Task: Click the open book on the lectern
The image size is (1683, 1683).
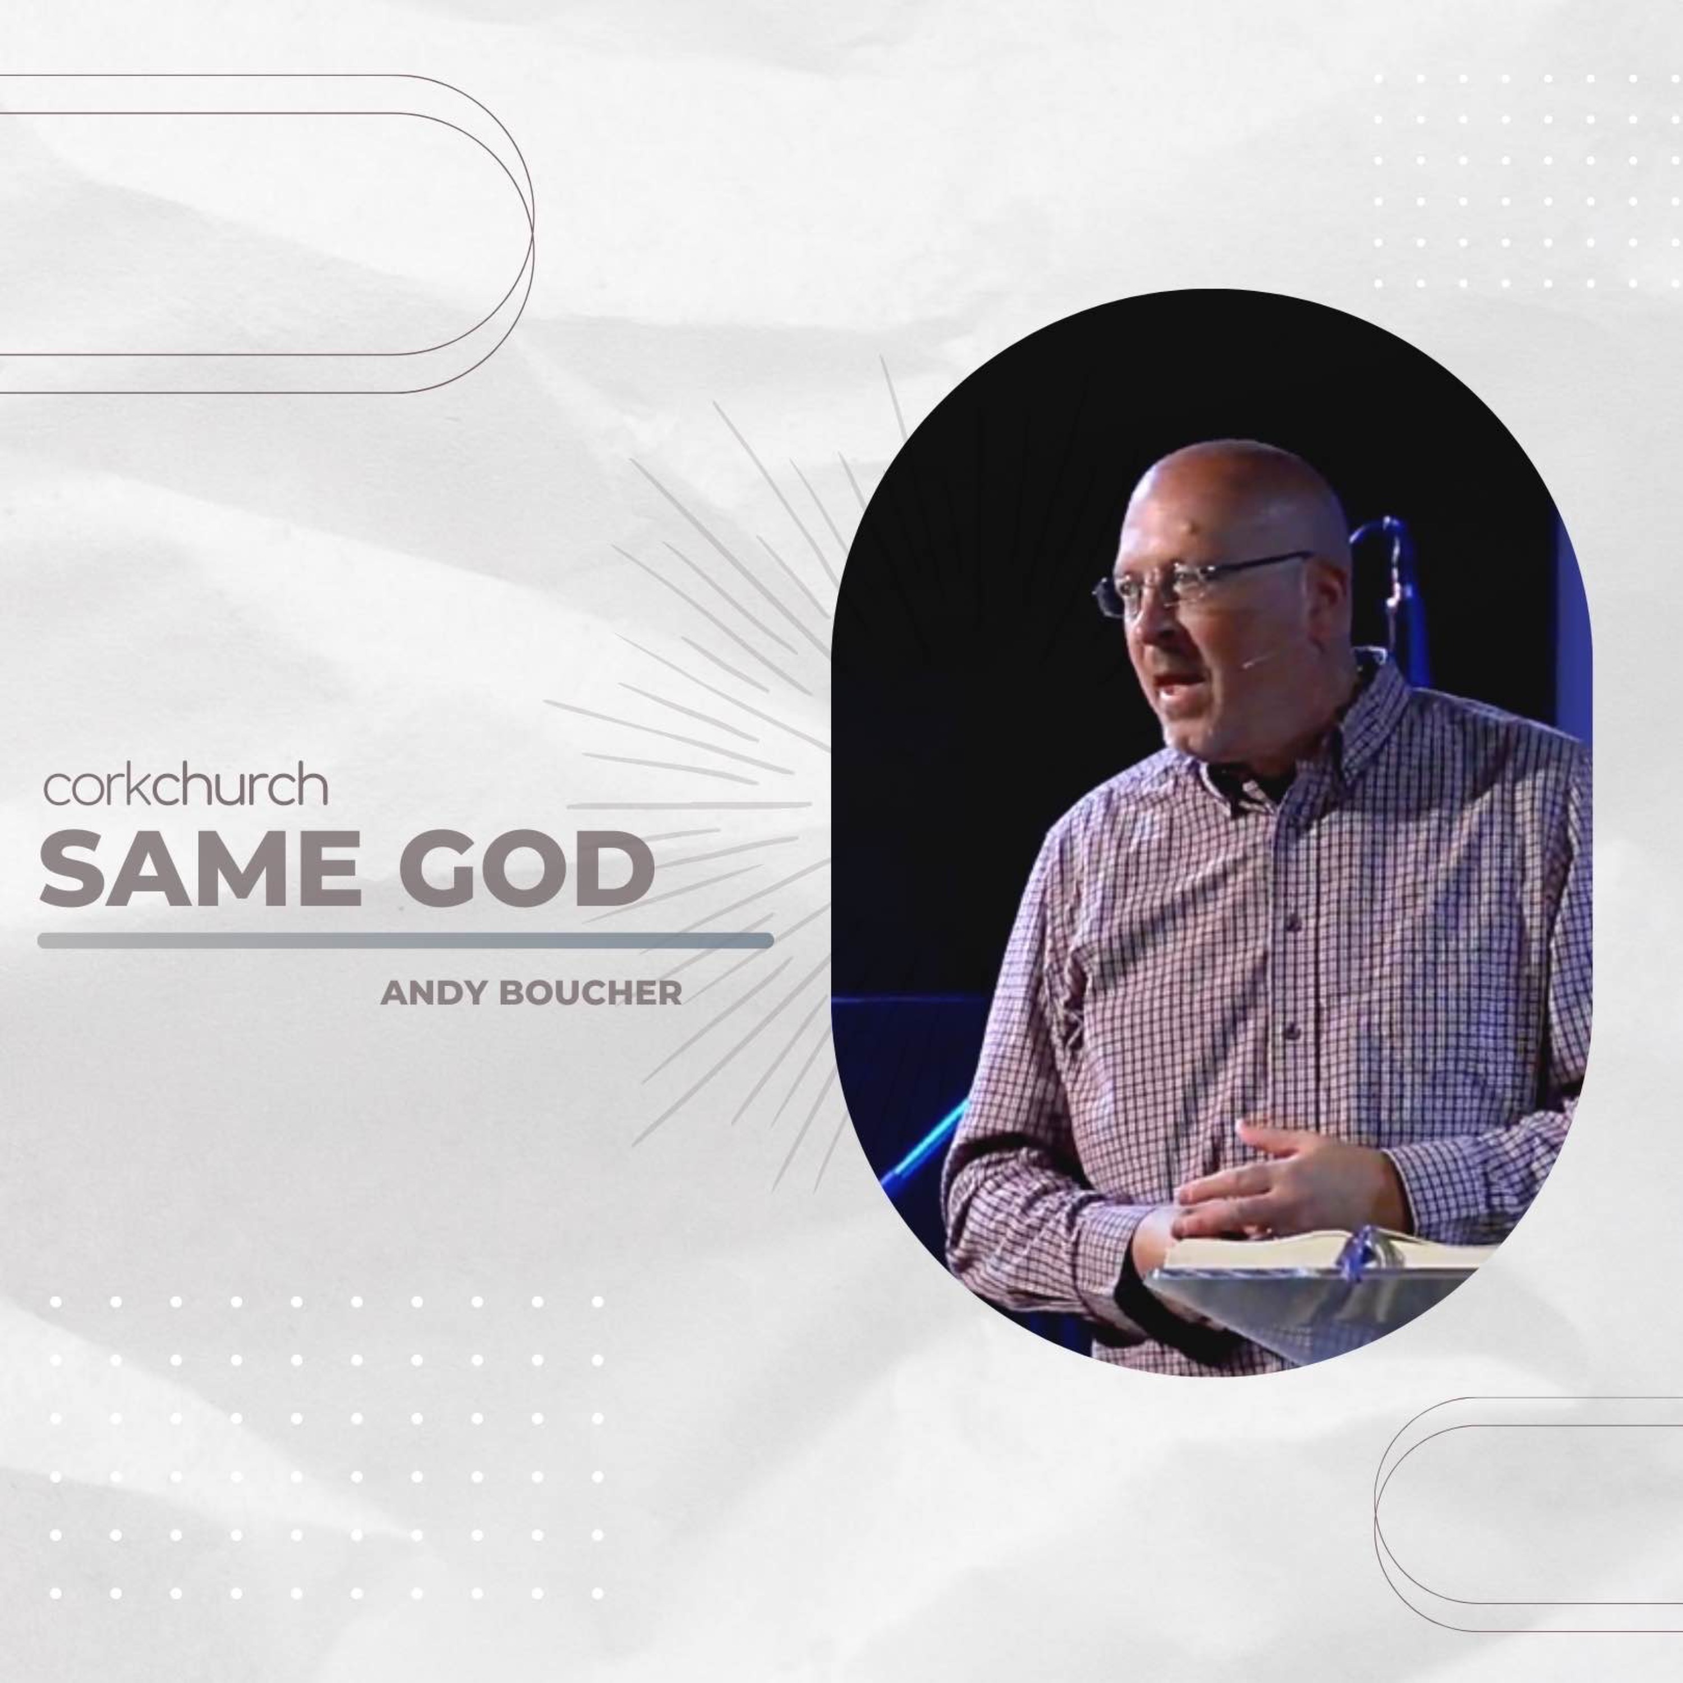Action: [x=1324, y=1251]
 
